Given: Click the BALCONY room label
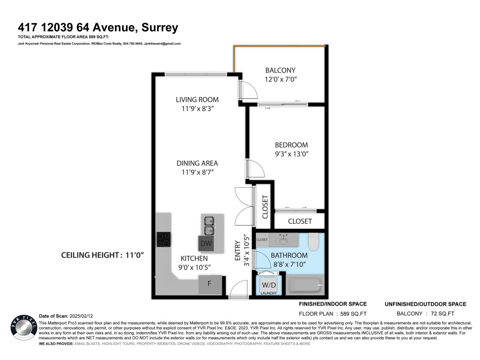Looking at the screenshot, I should coord(280,70).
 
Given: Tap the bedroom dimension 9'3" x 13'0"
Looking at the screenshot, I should coord(292,154).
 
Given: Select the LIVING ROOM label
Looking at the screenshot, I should coord(197,100).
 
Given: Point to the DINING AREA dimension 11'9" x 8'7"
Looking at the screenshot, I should coord(197,172).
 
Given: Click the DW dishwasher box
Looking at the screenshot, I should coord(206,243).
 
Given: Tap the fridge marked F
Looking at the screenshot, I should coord(210,283).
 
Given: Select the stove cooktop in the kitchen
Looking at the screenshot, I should coord(164,239).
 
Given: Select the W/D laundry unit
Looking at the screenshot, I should coord(268,285).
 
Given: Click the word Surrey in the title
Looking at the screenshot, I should coord(160,28).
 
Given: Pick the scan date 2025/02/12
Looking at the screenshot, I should coord(81,316).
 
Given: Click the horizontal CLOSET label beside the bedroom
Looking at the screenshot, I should coord(300,221).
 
